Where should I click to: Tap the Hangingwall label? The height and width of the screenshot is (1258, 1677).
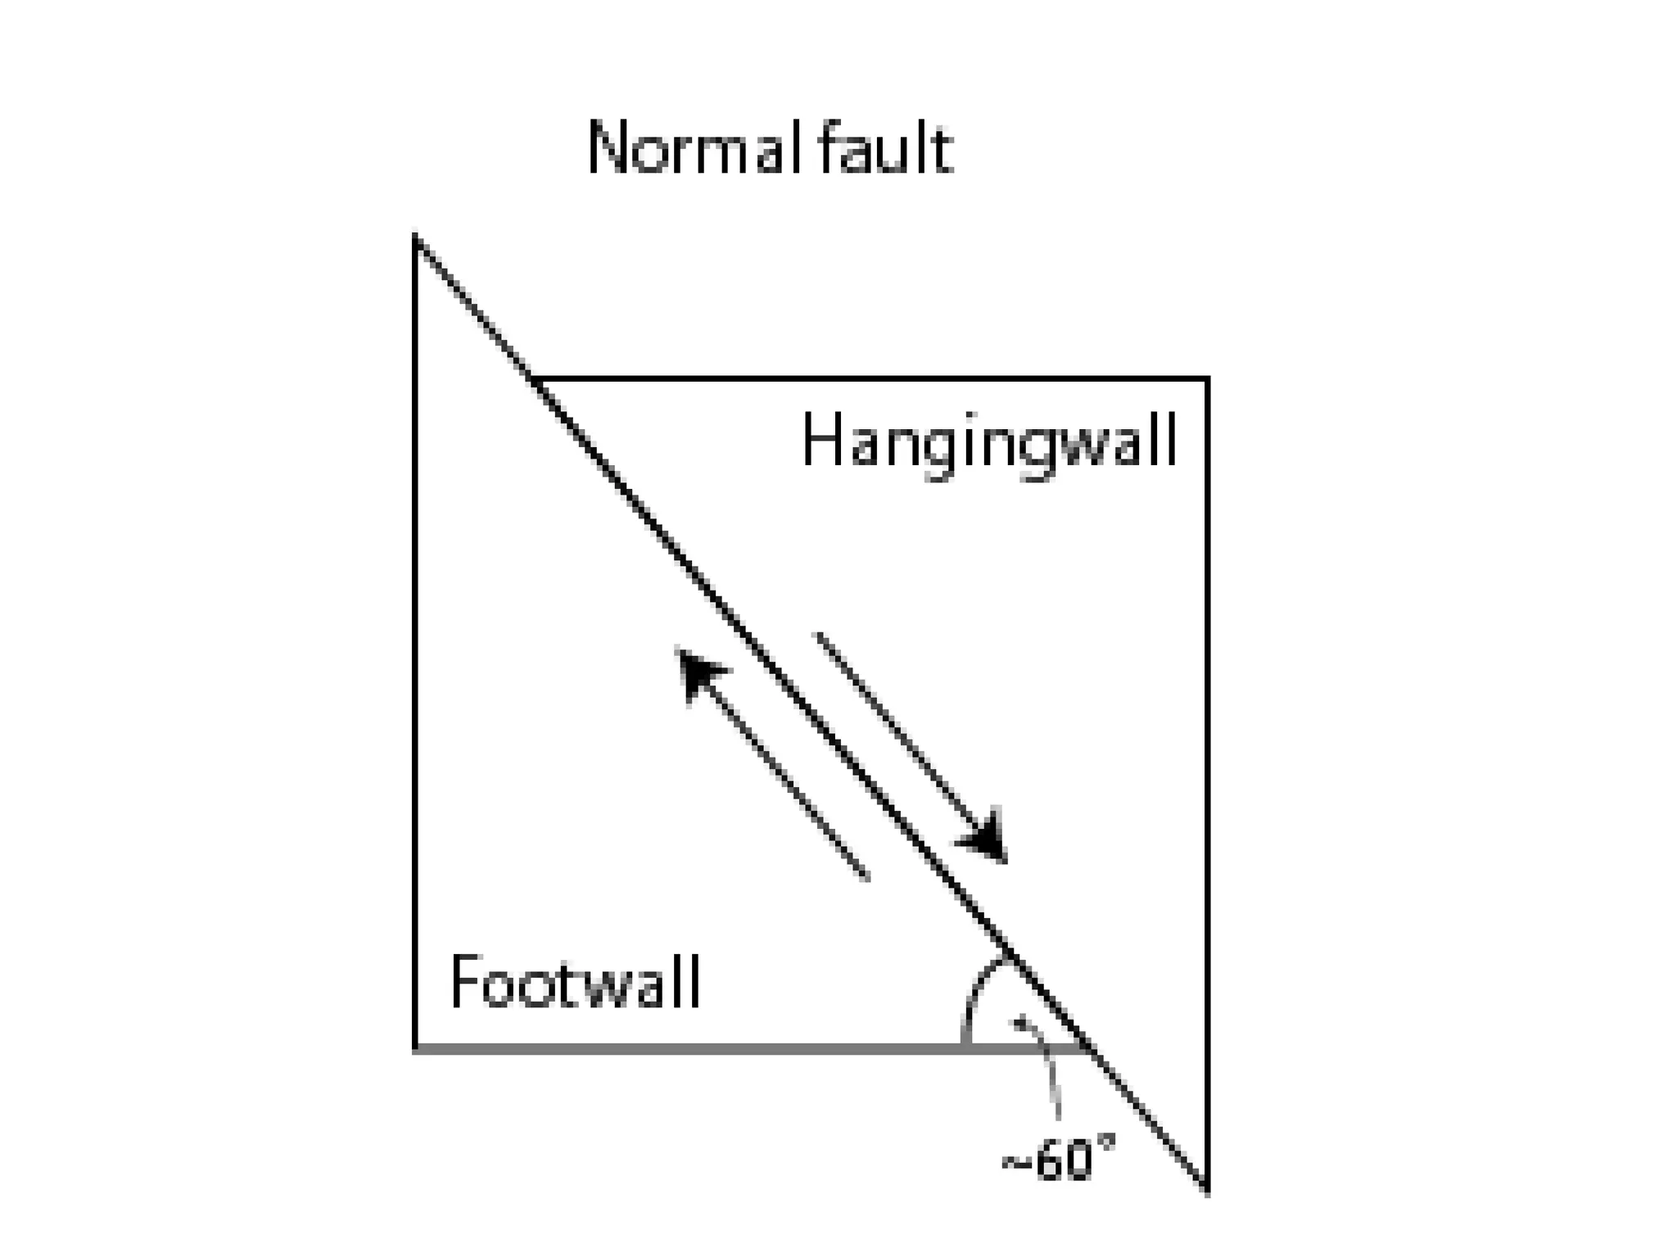pyautogui.click(x=988, y=441)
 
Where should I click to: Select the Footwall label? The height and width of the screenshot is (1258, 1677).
pyautogui.click(x=575, y=982)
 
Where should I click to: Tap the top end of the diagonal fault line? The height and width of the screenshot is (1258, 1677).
pyautogui.click(x=416, y=238)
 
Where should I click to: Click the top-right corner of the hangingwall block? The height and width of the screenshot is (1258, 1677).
pyautogui.click(x=1207, y=378)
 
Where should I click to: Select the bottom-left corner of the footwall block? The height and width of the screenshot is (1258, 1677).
pyautogui.click(x=416, y=1048)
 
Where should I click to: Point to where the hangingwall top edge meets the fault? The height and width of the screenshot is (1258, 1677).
pyautogui.click(x=534, y=378)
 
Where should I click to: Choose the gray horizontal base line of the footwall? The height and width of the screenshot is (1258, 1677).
pyautogui.click(x=696, y=1048)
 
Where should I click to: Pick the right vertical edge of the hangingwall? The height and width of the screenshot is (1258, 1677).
pyautogui.click(x=1207, y=737)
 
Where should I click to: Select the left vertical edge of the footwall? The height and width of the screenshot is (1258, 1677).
pyautogui.click(x=416, y=655)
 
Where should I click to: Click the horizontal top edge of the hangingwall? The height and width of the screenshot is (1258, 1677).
pyautogui.click(x=868, y=378)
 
